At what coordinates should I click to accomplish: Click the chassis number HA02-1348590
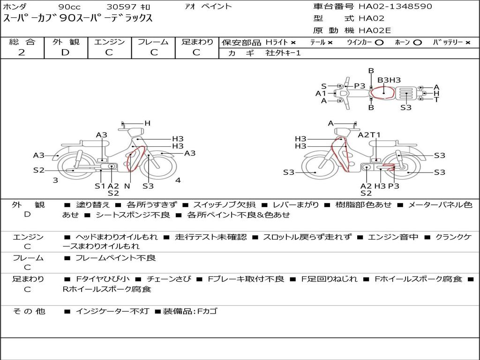tap(395, 7)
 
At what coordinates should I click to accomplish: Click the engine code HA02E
tap(375, 30)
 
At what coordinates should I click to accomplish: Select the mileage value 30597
tap(121, 7)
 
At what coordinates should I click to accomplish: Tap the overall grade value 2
tap(22, 52)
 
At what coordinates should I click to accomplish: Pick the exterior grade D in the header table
tap(65, 52)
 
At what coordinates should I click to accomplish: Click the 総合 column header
tap(22, 42)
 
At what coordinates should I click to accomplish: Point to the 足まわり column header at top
tap(197, 42)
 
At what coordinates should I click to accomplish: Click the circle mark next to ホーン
tap(418, 43)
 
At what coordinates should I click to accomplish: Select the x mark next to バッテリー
tap(467, 43)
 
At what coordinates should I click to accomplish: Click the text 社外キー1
tap(283, 53)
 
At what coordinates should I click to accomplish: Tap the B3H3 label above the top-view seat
tap(389, 80)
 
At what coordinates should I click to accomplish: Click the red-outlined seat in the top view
tap(382, 93)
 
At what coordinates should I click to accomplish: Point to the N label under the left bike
tap(127, 186)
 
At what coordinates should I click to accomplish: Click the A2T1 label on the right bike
tap(369, 135)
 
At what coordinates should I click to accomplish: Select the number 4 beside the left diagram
tap(178, 180)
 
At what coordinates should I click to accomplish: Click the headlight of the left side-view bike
tap(136, 132)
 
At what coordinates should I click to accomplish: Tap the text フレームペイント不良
tap(116, 258)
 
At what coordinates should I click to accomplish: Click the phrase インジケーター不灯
tap(112, 311)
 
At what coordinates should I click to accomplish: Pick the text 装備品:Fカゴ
tap(190, 311)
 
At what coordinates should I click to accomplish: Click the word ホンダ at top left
tap(15, 7)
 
